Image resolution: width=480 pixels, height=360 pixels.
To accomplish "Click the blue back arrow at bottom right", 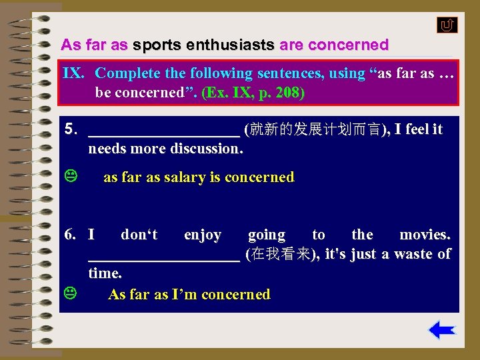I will [x=441, y=330].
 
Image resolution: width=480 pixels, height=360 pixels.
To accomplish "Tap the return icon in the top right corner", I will [x=447, y=25].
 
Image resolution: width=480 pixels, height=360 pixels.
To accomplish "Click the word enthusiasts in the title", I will [x=231, y=45].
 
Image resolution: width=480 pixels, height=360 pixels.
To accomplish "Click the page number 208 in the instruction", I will [x=289, y=92].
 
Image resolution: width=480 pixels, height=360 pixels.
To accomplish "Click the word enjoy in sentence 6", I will [x=203, y=235].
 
